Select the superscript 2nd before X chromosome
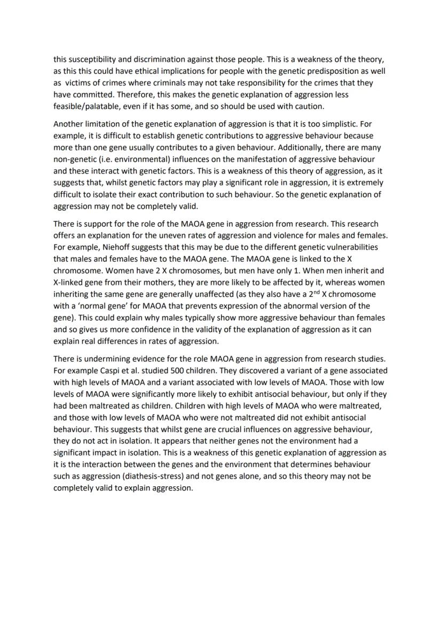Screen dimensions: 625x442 (x=307, y=294)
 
